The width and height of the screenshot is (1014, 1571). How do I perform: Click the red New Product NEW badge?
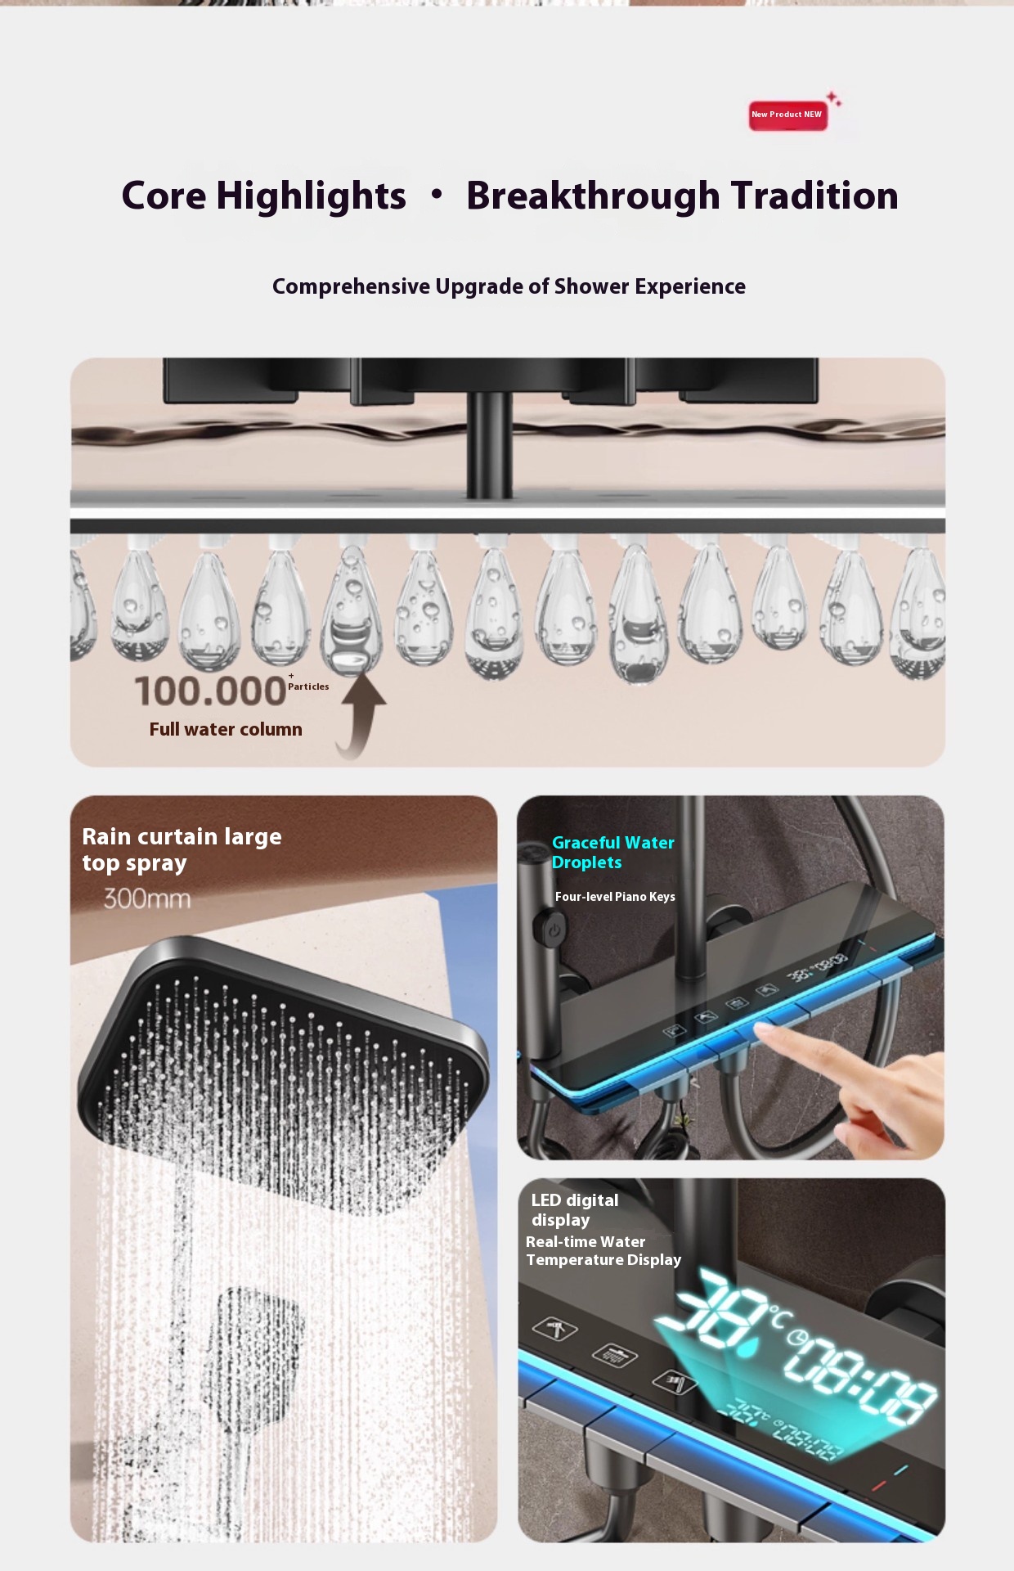[x=787, y=115]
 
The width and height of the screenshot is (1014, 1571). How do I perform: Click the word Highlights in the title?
[x=311, y=196]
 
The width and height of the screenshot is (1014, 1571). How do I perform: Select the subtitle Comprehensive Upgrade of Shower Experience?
[x=509, y=286]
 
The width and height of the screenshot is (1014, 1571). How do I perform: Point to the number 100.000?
[x=210, y=691]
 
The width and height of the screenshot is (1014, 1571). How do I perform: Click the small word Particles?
[x=308, y=686]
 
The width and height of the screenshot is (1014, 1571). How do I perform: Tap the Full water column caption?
[x=226, y=729]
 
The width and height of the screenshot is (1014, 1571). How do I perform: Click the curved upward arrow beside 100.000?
[x=361, y=712]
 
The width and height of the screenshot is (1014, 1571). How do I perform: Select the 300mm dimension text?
[x=147, y=898]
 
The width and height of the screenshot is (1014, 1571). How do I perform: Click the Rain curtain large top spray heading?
[x=182, y=849]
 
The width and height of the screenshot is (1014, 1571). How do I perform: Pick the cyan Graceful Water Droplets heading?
[x=613, y=853]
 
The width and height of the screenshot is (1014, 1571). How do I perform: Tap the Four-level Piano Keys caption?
[x=615, y=897]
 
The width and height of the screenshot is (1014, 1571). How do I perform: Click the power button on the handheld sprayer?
[x=554, y=930]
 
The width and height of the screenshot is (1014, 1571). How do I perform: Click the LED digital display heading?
[x=575, y=1210]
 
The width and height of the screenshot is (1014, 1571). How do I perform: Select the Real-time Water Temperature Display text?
[x=603, y=1251]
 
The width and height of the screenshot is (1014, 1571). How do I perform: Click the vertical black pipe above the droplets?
[x=490, y=444]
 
